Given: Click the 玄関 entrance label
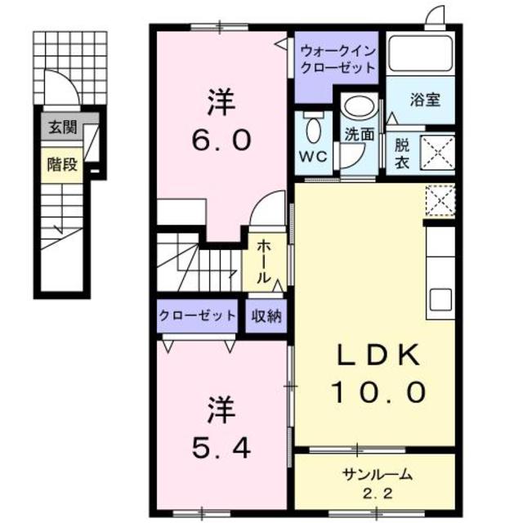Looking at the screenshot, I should coord(60,127).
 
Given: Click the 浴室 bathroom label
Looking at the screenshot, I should coord(425,101).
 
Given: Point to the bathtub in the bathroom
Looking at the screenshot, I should coord(420,54).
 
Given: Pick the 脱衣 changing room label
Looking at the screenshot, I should coord(402,154).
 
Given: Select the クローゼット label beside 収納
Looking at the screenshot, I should coord(197,315).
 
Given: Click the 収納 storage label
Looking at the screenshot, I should coord(266,315).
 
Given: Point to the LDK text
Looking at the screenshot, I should coord(379,356).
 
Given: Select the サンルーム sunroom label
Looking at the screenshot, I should coord(377,474).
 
